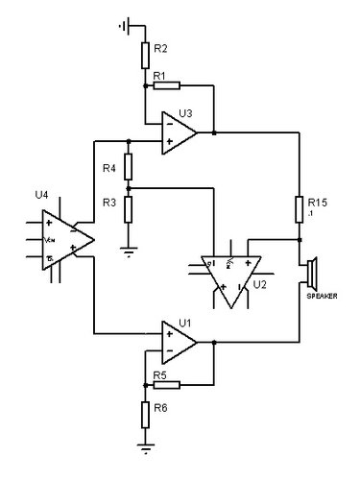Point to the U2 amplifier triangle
click(230, 273)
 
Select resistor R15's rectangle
click(300, 209)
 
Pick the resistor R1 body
click(166, 85)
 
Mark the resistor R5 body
click(166, 384)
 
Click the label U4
click(42, 195)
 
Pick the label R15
click(319, 202)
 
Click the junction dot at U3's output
click(213, 132)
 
